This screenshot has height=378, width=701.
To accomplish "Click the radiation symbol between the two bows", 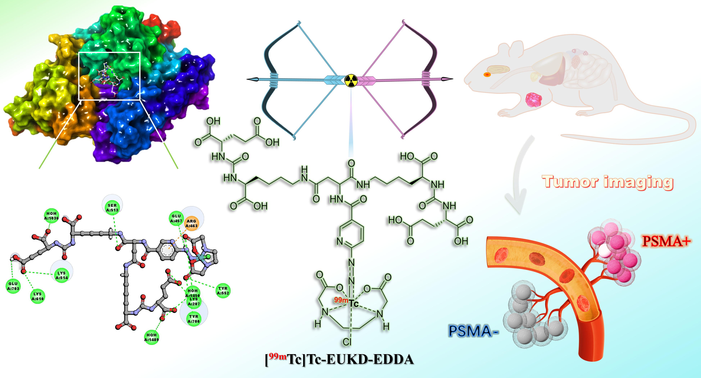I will tap(351, 80).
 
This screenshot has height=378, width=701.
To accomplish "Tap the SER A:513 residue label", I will tap(112, 208).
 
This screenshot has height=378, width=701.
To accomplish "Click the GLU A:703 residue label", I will tap(13, 286).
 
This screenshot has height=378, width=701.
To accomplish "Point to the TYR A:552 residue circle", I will tap(223, 291).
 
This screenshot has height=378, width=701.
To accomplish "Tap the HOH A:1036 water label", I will tap(51, 216).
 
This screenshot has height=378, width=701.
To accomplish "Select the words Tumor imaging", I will tap(607, 182).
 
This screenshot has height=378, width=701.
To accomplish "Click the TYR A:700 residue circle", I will tap(194, 319).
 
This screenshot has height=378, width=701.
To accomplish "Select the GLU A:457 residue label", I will tap(176, 218).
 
